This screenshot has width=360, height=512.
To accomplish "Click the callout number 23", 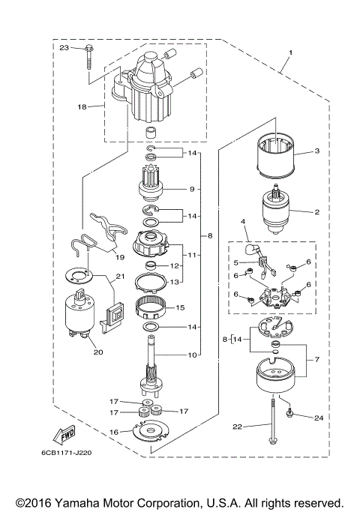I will (x=64, y=48).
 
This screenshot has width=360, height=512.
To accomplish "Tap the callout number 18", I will (x=82, y=107).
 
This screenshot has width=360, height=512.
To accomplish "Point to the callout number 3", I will (x=316, y=151).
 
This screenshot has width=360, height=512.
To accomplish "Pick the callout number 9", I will (x=192, y=188).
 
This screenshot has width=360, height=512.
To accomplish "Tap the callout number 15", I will (x=179, y=307).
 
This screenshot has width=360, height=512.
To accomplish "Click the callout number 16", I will (x=114, y=432).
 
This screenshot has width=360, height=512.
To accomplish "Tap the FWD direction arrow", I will (x=63, y=436).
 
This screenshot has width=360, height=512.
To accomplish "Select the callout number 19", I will (x=119, y=256).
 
